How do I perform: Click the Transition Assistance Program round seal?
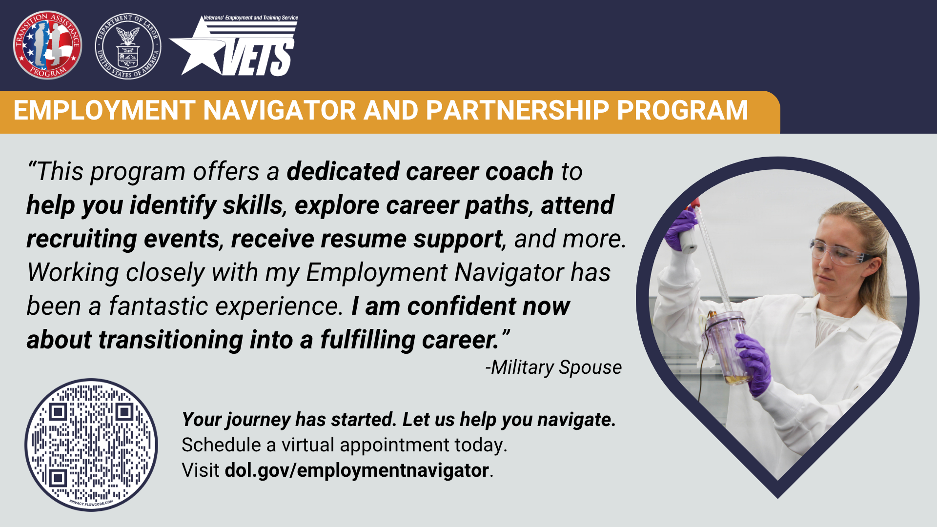pyautogui.click(x=47, y=45)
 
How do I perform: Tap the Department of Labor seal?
pyautogui.click(x=128, y=46)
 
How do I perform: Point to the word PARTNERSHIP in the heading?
pyautogui.click(x=517, y=110)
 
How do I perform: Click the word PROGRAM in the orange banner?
pyautogui.click(x=682, y=110)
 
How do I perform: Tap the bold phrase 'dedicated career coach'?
pyautogui.click(x=420, y=172)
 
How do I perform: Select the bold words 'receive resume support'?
pyautogui.click(x=367, y=239)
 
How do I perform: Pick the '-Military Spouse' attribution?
pyautogui.click(x=553, y=367)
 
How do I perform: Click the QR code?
pyautogui.click(x=91, y=445)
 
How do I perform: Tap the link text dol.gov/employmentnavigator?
pyautogui.click(x=357, y=470)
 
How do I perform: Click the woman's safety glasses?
pyautogui.click(x=837, y=252)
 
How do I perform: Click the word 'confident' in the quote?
pyautogui.click(x=462, y=306)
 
